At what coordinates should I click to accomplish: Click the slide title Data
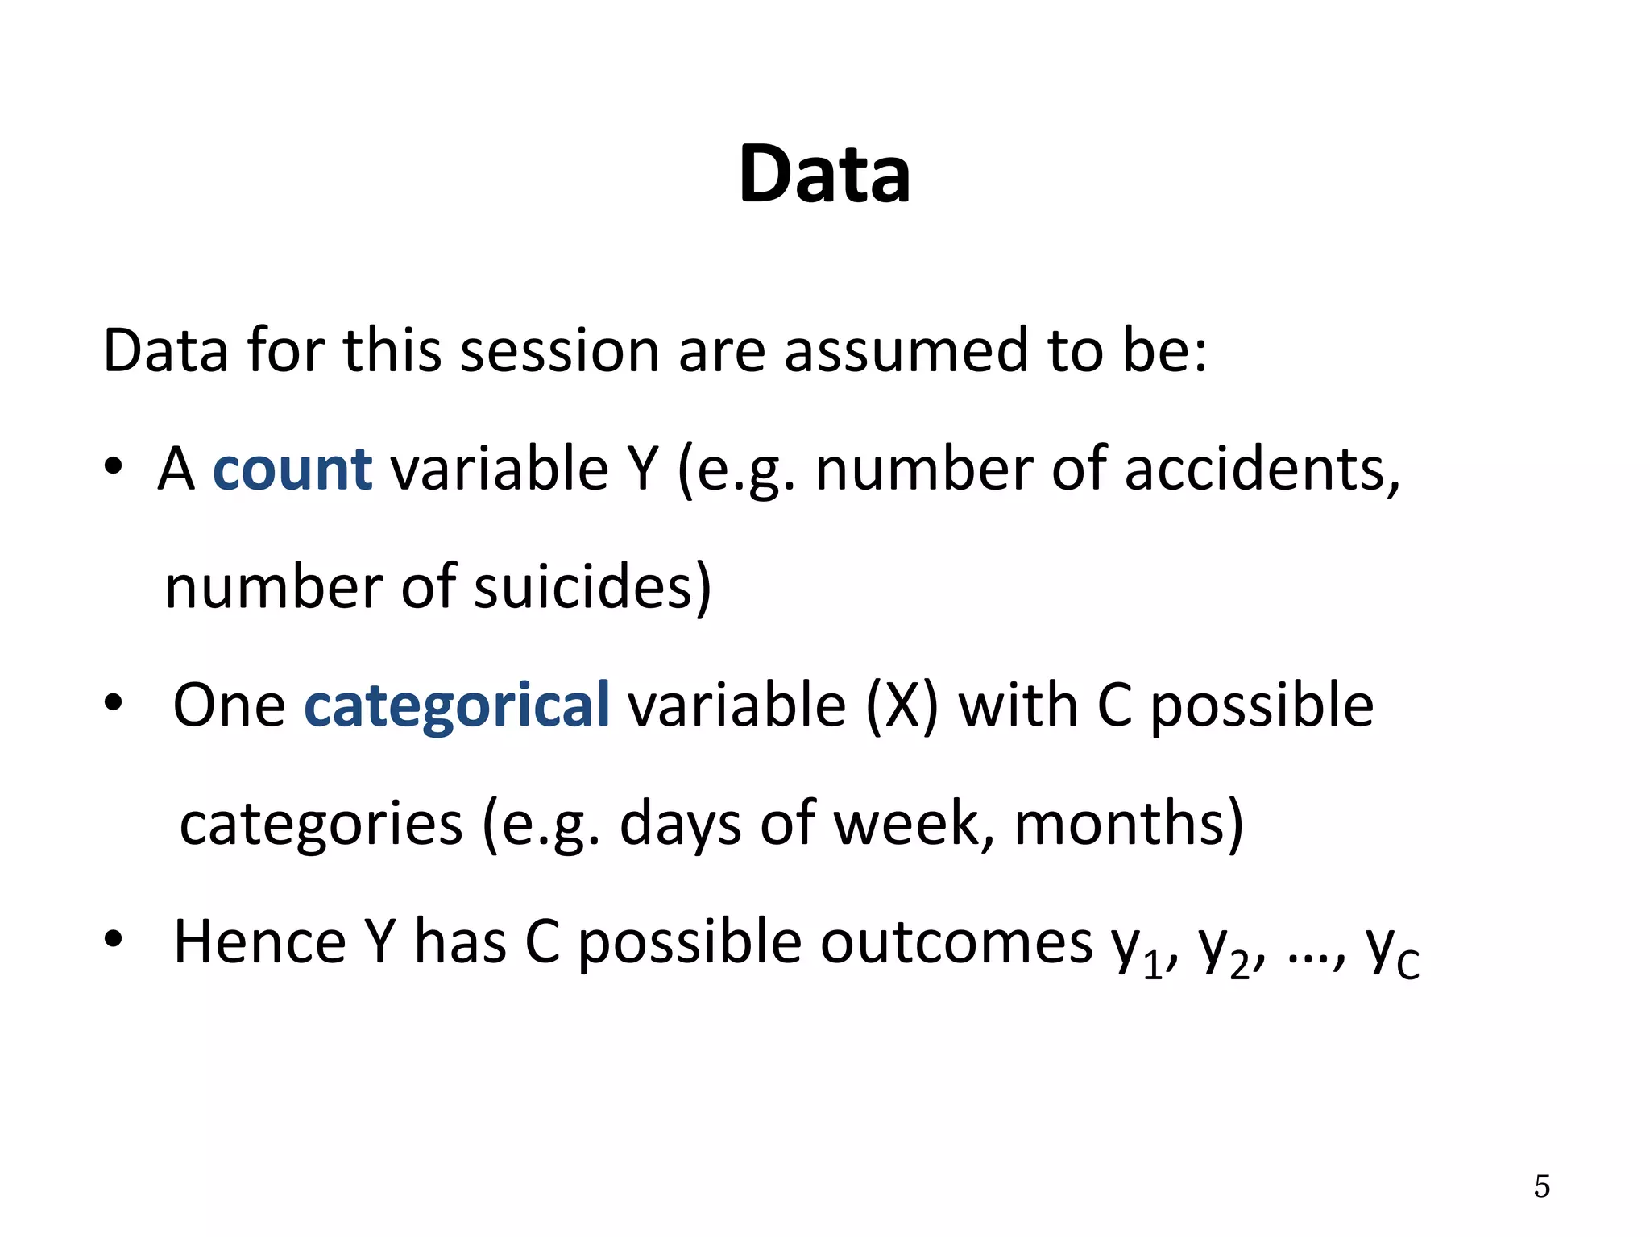pos(824,174)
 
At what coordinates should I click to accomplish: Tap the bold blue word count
pos(292,469)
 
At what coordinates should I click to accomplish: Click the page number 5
pos(1541,1186)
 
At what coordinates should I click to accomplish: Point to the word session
pos(559,351)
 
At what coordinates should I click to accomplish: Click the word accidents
pos(1260,469)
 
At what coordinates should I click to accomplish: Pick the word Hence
pos(259,941)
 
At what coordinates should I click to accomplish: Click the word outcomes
pos(956,941)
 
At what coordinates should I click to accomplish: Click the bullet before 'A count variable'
pos(113,466)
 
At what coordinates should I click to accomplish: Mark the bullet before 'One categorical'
pos(113,703)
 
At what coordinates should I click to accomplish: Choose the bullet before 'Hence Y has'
pos(113,939)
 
